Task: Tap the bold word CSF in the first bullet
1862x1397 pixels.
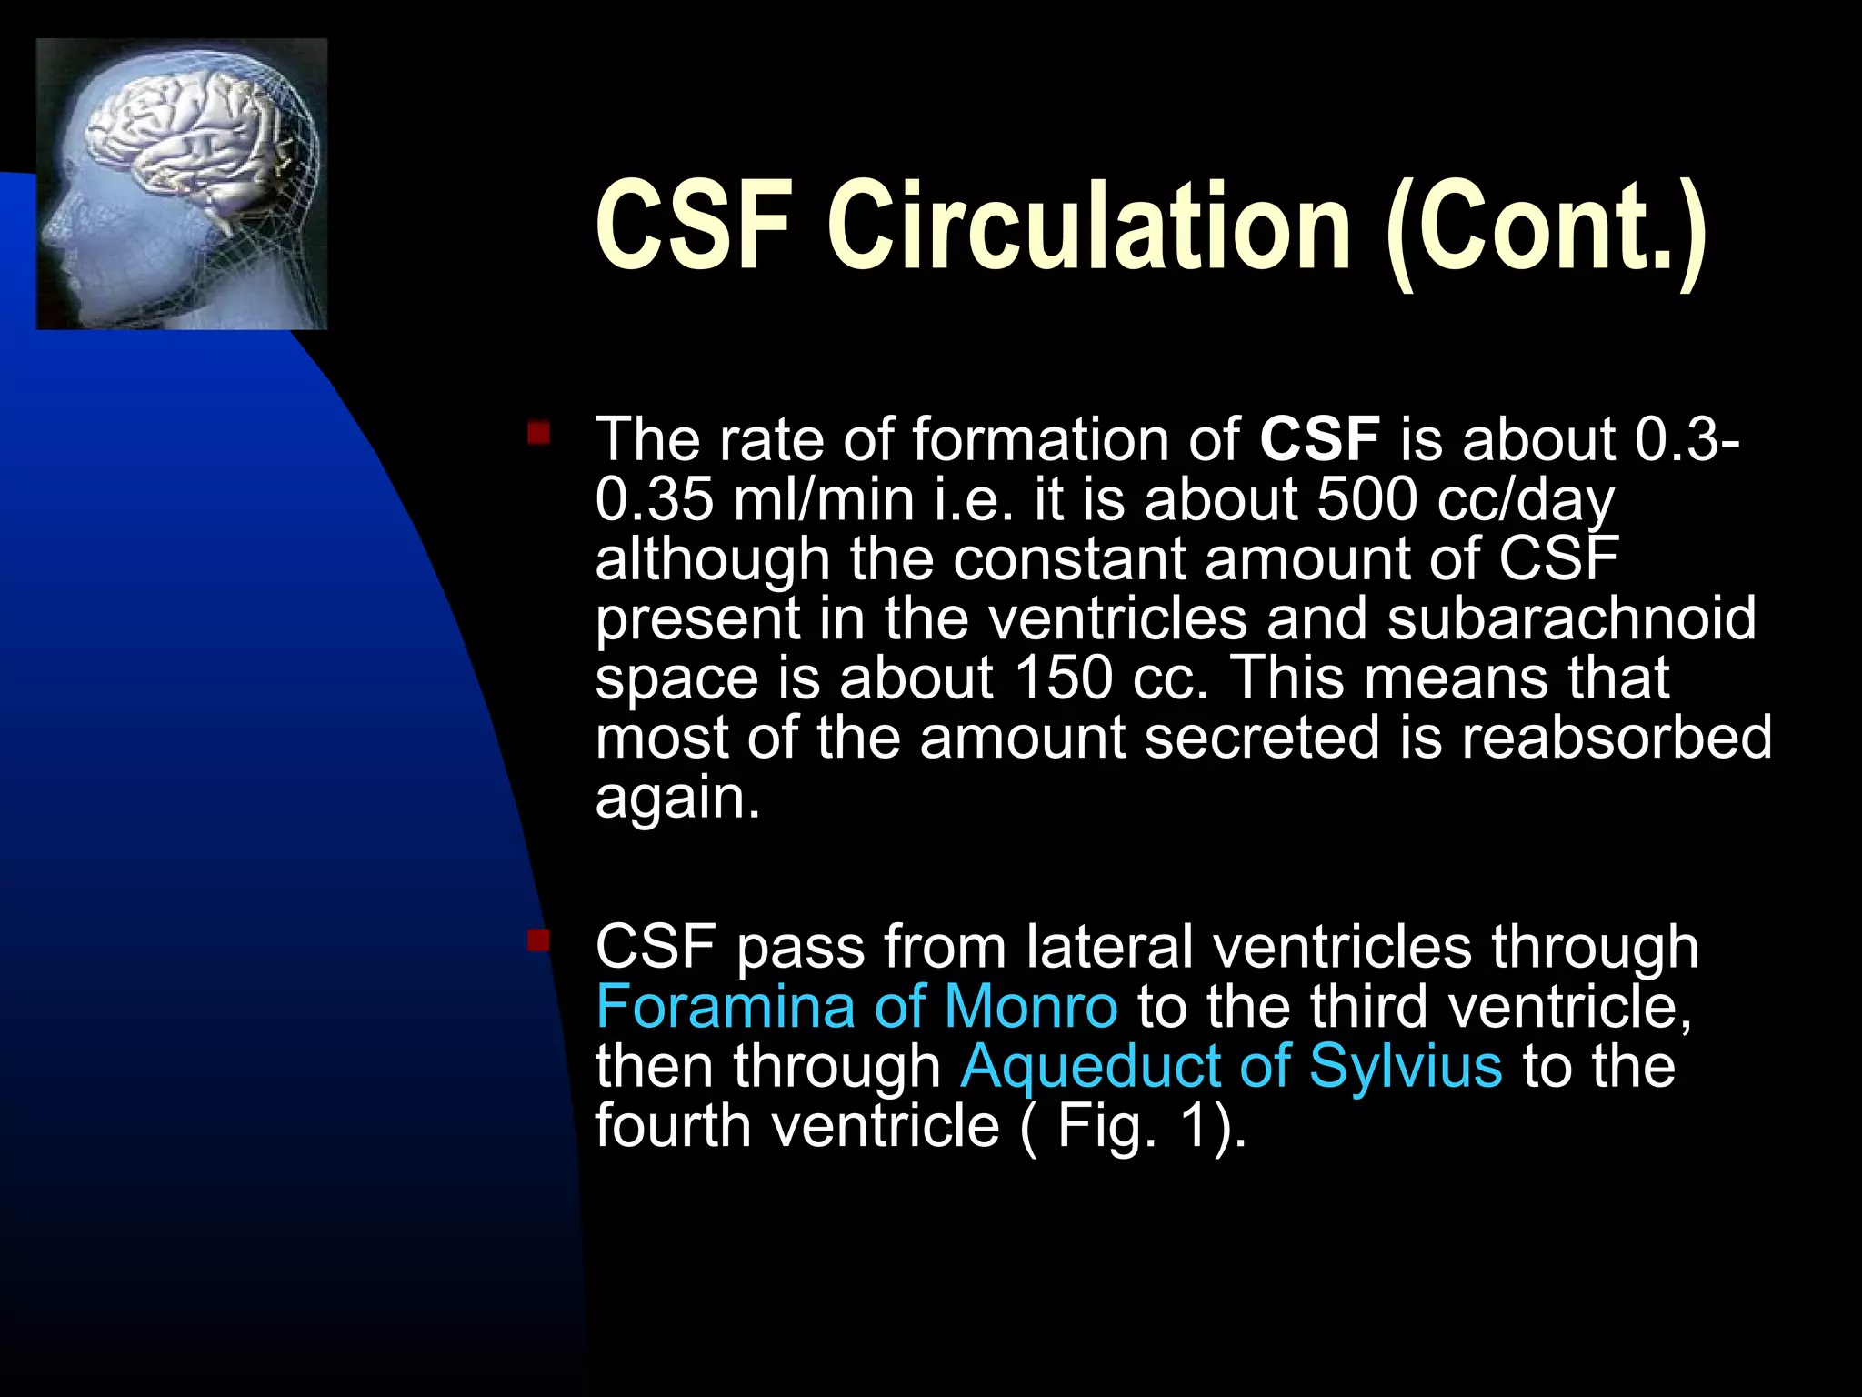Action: [1319, 439]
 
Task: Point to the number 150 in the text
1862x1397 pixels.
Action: [1063, 678]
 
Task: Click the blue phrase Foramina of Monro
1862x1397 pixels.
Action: [856, 1007]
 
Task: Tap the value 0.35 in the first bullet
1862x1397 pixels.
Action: [654, 499]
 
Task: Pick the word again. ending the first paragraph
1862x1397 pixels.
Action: [676, 799]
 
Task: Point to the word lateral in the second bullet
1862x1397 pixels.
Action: [1108, 947]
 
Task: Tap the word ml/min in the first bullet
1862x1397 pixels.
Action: [824, 499]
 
